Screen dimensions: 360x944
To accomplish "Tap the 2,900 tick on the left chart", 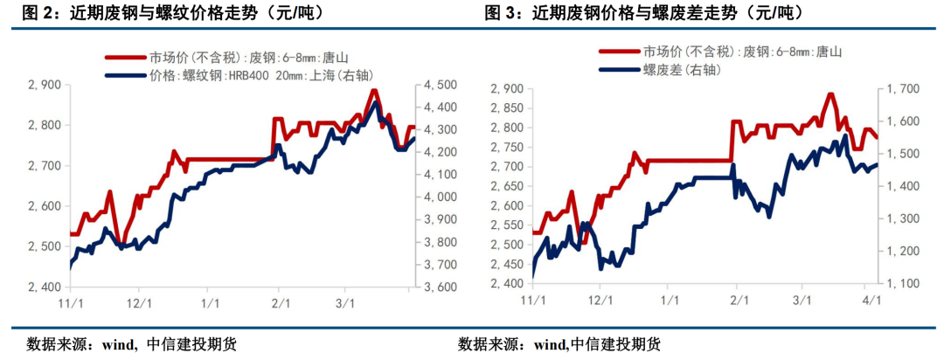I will click(x=45, y=85).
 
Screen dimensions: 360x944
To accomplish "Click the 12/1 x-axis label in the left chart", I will click(x=140, y=302).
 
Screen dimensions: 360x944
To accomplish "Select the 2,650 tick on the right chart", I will click(x=506, y=186).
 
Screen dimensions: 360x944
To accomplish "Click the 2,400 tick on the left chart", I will click(x=45, y=287).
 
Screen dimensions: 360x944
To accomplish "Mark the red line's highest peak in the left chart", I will click(x=374, y=90).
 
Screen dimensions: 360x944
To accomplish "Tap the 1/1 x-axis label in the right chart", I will click(x=668, y=300).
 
